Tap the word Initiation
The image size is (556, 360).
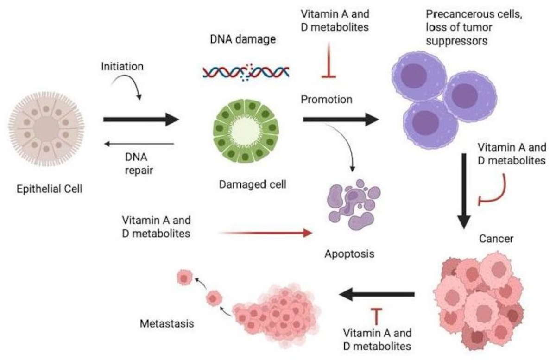coord(122,66)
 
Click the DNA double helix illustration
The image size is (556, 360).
coord(246,72)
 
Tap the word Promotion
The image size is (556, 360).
coord(326,99)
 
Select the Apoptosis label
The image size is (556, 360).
coord(349,253)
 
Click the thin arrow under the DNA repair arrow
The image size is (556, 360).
coord(139,144)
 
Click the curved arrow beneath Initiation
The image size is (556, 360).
coord(126,86)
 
